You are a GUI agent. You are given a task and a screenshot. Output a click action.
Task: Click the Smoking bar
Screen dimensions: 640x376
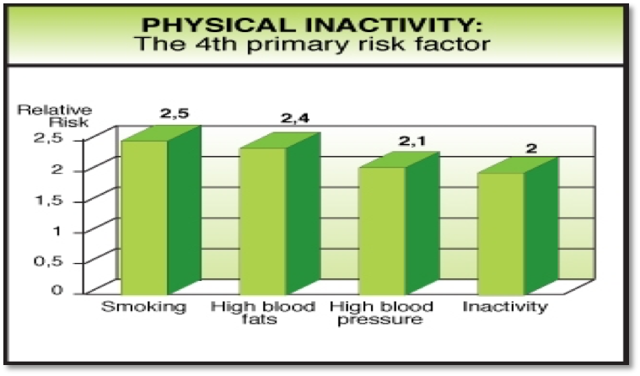(161, 210)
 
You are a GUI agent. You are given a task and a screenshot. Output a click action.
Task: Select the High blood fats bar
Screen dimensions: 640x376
(280, 213)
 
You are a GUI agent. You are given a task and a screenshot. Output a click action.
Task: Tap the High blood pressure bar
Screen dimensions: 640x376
(399, 223)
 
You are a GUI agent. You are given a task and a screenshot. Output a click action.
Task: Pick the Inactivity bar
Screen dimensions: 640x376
(518, 226)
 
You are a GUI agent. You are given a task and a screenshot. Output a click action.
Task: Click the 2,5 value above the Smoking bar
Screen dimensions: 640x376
(175, 113)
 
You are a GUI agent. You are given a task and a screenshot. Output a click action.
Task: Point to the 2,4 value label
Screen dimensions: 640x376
(295, 118)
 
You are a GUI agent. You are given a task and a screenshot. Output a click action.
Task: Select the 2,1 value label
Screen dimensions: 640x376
(412, 142)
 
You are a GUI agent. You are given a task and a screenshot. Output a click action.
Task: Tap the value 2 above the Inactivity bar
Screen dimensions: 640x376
(531, 148)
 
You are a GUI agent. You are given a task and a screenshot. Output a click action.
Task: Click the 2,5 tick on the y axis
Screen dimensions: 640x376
(48, 138)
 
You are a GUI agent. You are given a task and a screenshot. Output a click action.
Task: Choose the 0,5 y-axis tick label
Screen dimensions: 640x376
(48, 261)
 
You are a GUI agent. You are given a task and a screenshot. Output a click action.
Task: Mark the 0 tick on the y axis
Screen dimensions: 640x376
(57, 290)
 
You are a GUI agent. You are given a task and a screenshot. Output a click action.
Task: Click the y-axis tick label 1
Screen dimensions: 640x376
(56, 231)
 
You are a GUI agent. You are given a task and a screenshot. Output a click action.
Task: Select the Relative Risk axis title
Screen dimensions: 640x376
(55, 116)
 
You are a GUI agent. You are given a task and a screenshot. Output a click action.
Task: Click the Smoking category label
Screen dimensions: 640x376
(143, 307)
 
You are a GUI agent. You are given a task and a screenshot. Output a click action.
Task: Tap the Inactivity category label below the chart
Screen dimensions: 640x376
(505, 306)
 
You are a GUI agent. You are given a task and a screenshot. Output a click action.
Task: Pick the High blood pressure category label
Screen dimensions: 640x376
(381, 313)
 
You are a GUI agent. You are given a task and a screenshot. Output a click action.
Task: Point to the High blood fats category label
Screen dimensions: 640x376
(263, 312)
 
